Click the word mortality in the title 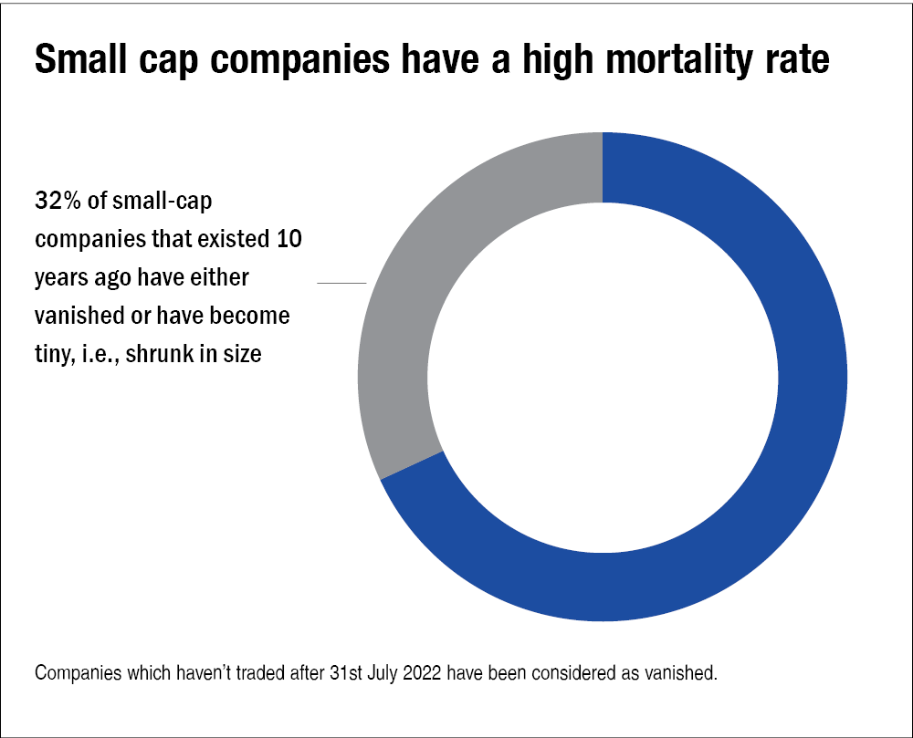(x=634, y=59)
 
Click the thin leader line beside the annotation (x=341, y=284)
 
